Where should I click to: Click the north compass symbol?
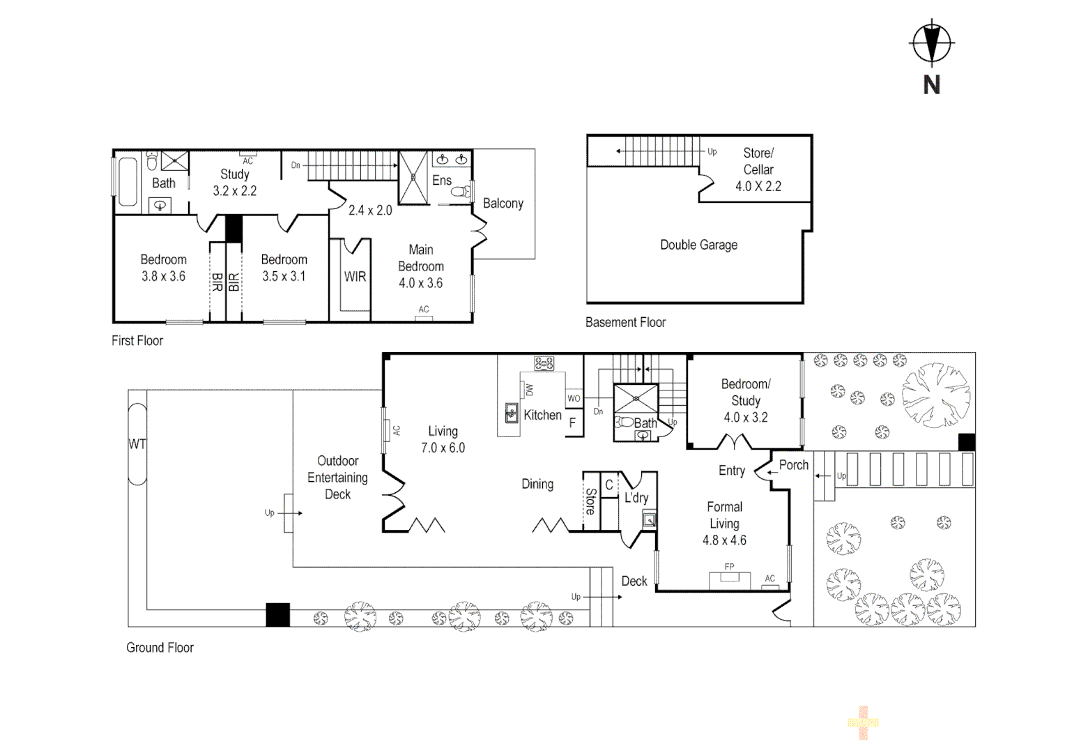(x=931, y=43)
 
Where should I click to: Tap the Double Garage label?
(x=698, y=245)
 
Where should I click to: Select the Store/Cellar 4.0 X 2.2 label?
(x=758, y=169)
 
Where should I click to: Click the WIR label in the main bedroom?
(x=355, y=277)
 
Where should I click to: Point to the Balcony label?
(x=503, y=204)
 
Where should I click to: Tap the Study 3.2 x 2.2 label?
(x=235, y=182)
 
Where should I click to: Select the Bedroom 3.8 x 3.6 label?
(x=163, y=268)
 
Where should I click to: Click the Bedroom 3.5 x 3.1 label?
(x=284, y=268)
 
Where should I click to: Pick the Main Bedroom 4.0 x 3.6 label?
(x=420, y=266)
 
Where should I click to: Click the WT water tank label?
(x=137, y=444)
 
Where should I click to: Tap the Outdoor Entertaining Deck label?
(x=337, y=478)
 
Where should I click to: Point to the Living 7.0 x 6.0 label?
(x=443, y=439)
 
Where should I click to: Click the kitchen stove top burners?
(x=544, y=363)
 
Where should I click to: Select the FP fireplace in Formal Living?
(x=730, y=579)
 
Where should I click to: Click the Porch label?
(x=794, y=465)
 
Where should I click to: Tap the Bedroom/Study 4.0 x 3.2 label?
(x=745, y=401)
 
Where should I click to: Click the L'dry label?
(x=636, y=498)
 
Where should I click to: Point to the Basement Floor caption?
(x=625, y=322)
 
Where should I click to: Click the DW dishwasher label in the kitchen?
(x=528, y=390)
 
